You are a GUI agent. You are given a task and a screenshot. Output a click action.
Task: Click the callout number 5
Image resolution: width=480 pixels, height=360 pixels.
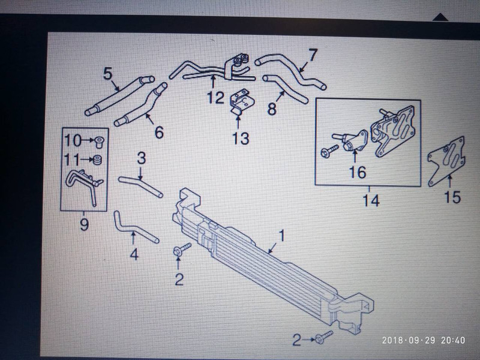(108, 74)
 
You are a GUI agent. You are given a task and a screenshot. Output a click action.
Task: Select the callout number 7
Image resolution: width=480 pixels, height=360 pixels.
(312, 55)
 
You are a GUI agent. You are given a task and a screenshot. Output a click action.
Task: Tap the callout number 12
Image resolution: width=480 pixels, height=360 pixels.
(216, 98)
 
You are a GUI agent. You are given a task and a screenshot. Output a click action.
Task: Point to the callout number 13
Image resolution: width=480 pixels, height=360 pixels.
(241, 139)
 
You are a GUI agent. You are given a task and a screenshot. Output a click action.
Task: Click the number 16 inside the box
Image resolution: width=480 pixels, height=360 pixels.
(358, 172)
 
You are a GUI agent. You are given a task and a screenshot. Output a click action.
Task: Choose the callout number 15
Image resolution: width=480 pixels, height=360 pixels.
(452, 197)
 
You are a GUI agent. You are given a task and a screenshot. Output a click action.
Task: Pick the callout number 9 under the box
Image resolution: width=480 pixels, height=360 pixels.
(84, 224)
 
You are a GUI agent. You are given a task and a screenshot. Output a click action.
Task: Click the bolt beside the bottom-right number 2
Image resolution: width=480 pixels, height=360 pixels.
(323, 336)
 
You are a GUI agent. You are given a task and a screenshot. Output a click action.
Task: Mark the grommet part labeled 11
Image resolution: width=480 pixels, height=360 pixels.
(98, 160)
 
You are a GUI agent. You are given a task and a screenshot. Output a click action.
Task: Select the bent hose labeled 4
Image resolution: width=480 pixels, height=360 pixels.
(133, 229)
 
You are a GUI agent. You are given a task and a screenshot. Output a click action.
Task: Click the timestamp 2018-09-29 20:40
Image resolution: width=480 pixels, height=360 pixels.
(424, 340)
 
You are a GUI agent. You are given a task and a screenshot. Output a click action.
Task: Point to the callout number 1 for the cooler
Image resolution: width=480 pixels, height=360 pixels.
(281, 235)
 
